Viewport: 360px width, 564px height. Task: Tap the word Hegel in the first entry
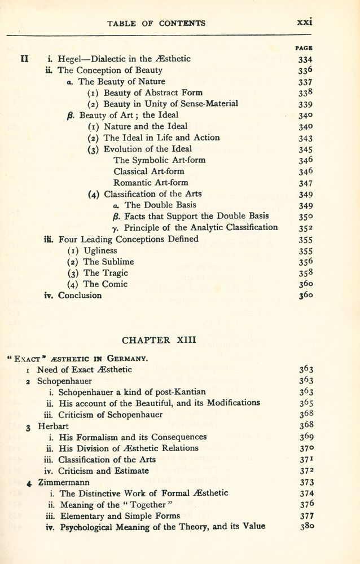[71, 59]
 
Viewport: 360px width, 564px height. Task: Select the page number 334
[305, 59]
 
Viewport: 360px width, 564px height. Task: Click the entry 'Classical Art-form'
[148, 171]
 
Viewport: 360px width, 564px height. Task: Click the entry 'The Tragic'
[106, 273]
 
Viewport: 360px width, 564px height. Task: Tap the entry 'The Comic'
[105, 284]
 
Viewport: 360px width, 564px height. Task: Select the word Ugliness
[100, 250]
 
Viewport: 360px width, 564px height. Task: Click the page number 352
[305, 228]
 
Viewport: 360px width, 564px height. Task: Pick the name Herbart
[54, 426]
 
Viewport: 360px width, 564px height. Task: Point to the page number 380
[305, 527]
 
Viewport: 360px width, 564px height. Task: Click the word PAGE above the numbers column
[305, 49]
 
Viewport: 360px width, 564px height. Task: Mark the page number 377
[305, 515]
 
